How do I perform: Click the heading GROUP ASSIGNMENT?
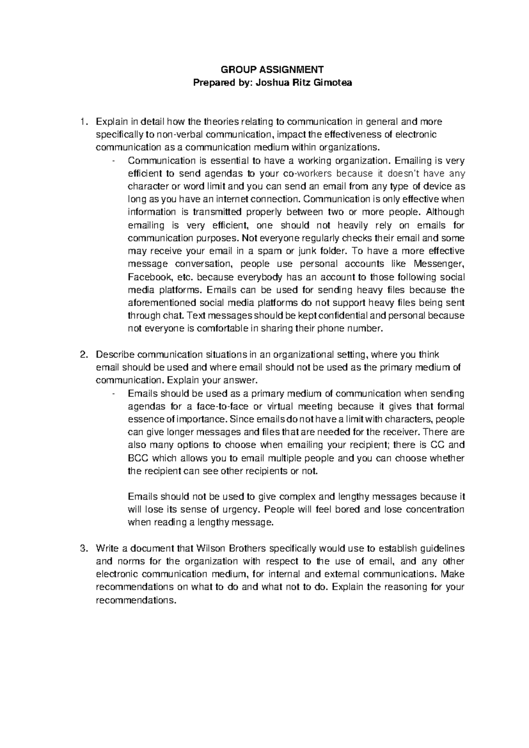[x=272, y=69]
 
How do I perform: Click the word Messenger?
[x=439, y=264]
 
